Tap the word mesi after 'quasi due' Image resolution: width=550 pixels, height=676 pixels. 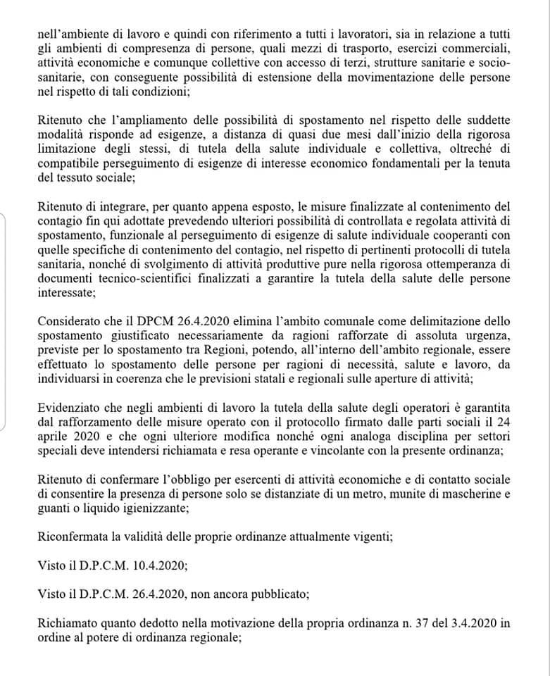tap(382, 136)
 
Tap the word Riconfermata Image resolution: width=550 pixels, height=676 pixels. tap(73, 537)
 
